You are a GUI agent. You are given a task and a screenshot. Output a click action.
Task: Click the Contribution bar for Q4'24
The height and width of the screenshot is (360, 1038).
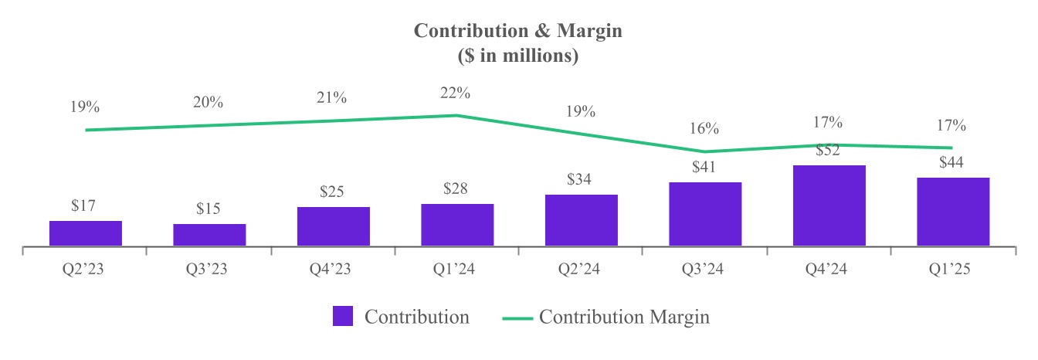click(x=829, y=205)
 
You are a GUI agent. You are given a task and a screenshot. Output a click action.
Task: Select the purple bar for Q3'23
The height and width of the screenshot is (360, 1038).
click(x=209, y=235)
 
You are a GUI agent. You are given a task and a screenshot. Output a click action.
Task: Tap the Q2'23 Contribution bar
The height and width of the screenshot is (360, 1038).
click(x=86, y=233)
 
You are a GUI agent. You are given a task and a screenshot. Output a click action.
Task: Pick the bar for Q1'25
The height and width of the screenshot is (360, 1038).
click(x=952, y=212)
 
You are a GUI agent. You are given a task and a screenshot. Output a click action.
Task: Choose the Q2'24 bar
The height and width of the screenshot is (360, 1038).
click(x=581, y=220)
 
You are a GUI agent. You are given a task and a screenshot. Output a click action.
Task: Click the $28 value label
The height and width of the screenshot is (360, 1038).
click(x=457, y=188)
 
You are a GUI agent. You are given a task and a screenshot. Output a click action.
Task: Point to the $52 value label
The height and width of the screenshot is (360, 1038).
click(x=829, y=151)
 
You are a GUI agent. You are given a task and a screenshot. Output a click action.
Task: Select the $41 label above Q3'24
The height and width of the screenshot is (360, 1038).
click(x=705, y=167)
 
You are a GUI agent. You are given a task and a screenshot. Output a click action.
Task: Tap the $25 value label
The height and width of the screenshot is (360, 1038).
click(x=333, y=192)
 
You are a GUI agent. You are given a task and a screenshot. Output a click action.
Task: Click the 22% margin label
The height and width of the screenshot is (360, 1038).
click(x=456, y=93)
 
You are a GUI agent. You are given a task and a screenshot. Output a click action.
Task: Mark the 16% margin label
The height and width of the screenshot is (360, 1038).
click(x=705, y=128)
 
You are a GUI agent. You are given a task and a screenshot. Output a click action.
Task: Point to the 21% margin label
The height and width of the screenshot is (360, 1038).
click(x=332, y=98)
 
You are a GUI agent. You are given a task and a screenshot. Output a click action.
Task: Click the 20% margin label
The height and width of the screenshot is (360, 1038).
click(x=209, y=102)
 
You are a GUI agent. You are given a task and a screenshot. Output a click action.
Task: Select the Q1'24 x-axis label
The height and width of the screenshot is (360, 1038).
click(x=457, y=270)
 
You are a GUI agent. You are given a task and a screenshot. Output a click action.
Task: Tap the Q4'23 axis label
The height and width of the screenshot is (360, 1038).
click(x=333, y=270)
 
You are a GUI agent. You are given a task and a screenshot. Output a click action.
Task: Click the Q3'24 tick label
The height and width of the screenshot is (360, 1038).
click(x=705, y=270)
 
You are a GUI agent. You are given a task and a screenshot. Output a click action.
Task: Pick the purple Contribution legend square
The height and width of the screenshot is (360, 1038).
click(x=343, y=317)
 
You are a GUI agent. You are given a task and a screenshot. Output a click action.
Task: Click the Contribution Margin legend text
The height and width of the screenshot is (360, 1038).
click(x=624, y=317)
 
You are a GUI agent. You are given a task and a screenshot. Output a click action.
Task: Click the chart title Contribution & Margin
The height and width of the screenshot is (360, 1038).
click(x=518, y=31)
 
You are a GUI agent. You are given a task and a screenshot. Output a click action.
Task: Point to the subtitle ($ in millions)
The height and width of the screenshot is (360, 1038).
click(x=518, y=56)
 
